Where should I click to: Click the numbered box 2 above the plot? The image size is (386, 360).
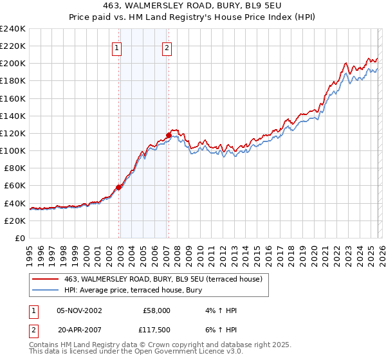(x=167, y=47)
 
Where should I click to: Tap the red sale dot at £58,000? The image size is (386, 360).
(x=119, y=187)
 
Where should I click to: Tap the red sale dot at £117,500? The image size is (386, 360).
(x=169, y=135)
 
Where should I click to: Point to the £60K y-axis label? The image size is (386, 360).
(x=13, y=186)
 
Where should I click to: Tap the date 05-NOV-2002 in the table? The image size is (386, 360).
(x=79, y=310)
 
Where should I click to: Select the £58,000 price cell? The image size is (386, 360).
(x=156, y=310)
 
